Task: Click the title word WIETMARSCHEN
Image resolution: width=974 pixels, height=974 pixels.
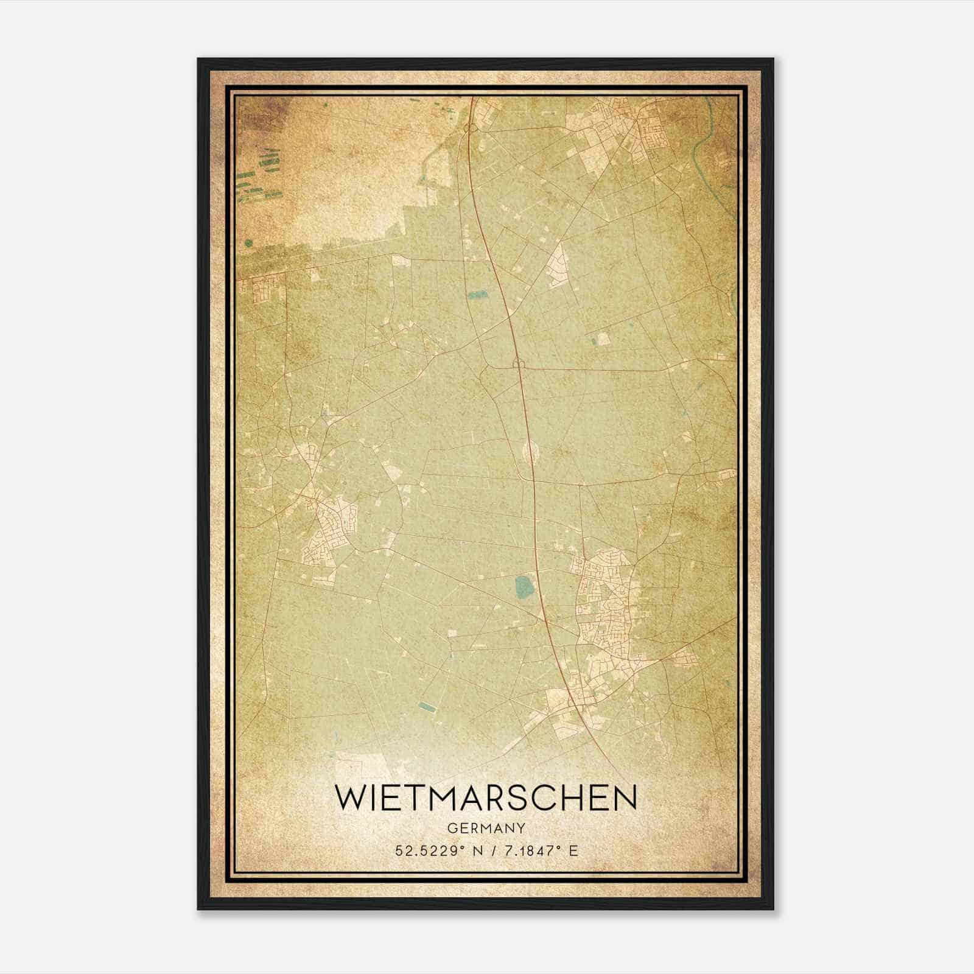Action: (x=486, y=798)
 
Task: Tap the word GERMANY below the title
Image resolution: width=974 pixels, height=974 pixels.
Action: (x=486, y=828)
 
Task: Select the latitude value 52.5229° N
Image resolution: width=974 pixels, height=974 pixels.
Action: (x=436, y=850)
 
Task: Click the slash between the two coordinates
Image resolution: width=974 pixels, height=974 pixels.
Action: (x=491, y=850)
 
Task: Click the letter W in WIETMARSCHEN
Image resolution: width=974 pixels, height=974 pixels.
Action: (x=351, y=798)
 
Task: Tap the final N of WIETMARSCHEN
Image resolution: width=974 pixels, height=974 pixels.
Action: (x=623, y=798)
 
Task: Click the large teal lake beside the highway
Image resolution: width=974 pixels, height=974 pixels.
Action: (x=523, y=587)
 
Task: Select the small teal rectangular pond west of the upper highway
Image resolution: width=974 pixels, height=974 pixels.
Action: (x=478, y=296)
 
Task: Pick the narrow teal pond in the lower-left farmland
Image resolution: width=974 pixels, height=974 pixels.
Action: (x=427, y=707)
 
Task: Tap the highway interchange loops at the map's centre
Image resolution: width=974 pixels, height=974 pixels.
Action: (x=519, y=365)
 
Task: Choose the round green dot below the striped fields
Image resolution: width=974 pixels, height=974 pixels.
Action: (x=248, y=243)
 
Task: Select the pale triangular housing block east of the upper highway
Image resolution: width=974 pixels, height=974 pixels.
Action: (x=558, y=268)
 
